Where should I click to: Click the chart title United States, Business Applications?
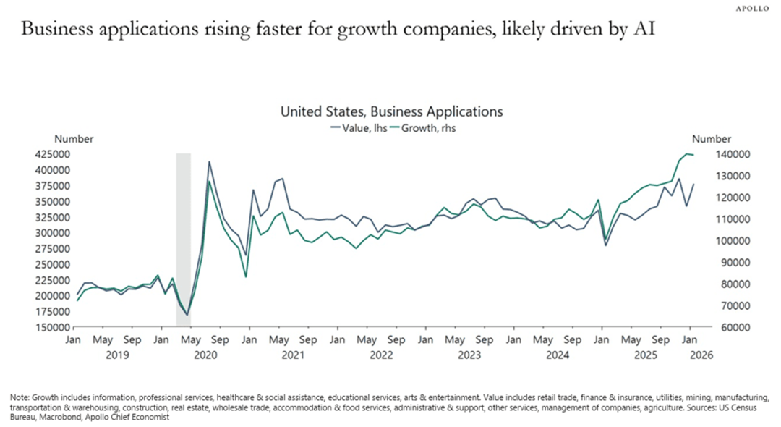click(391, 112)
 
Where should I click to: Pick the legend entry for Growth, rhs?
click(423, 128)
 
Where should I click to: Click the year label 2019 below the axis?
click(118, 355)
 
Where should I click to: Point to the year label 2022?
click(381, 355)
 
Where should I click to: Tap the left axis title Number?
click(74, 139)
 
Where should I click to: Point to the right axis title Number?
click(712, 139)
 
